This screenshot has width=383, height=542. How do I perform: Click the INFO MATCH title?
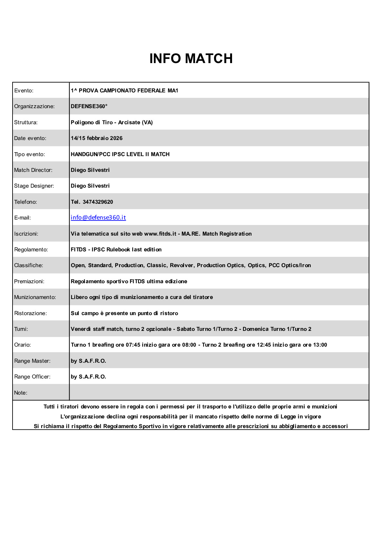coord(191,59)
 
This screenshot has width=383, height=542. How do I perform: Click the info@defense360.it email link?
coord(98,218)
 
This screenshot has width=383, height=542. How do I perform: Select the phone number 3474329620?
coord(98,202)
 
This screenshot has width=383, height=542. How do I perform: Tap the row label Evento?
coord(24,90)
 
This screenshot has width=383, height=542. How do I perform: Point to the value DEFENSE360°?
coord(89,106)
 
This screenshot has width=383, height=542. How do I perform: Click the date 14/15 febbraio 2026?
coord(97,138)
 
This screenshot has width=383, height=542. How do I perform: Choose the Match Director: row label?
coord(33,170)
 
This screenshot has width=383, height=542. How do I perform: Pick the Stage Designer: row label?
coord(34,186)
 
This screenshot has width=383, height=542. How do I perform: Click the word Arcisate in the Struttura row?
coord(129,122)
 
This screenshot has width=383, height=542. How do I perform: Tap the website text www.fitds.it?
coord(160,234)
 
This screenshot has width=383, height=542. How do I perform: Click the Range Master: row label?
coord(32,361)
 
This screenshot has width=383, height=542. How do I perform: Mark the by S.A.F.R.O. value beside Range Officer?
coord(89,377)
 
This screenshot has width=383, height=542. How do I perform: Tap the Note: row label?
coord(21,393)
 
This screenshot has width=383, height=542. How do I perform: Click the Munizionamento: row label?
coord(35,297)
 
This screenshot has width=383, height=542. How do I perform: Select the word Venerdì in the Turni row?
coord(81,329)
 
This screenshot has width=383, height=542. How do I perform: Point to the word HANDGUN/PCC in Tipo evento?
coord(90,154)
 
